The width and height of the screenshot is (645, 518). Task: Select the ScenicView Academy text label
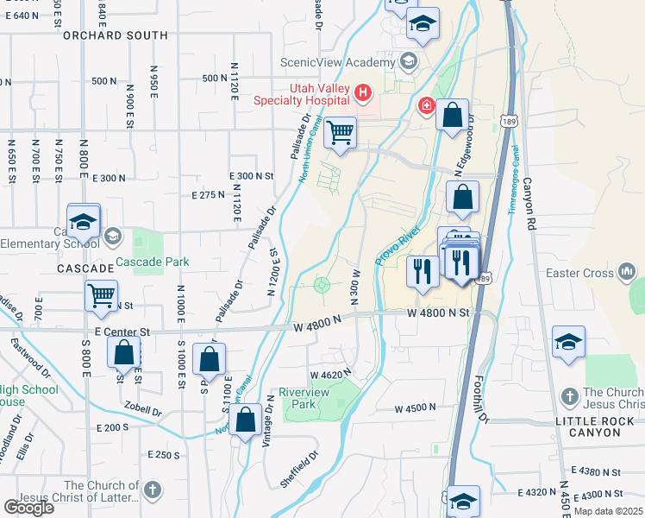coord(337,62)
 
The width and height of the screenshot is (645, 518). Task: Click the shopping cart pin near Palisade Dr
coord(341,133)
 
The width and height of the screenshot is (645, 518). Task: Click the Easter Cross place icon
coord(627,274)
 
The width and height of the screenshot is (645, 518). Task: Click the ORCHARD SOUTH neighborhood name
coord(115,35)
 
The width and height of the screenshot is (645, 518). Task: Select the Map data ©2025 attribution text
coord(609,511)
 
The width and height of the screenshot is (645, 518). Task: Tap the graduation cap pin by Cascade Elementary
coord(84,223)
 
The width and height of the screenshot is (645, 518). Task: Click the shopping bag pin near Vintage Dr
coord(246,420)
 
